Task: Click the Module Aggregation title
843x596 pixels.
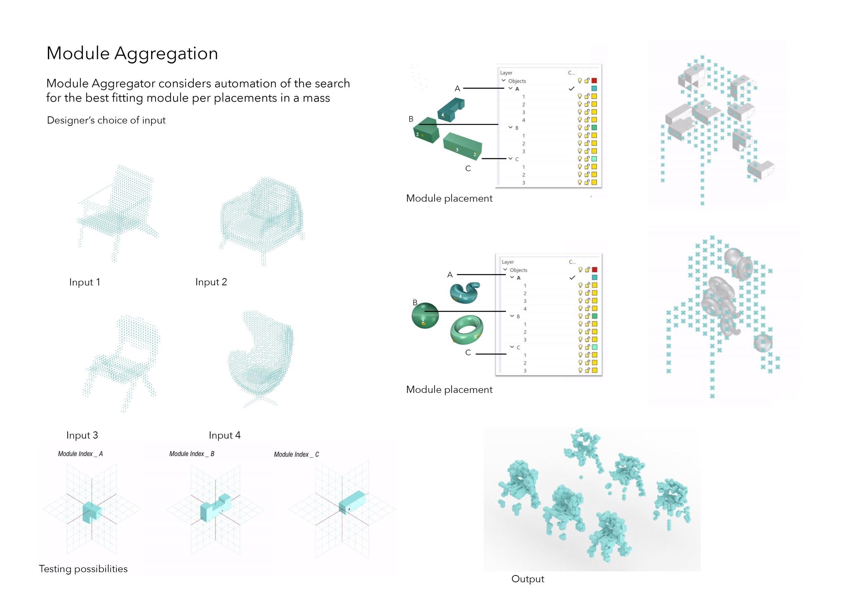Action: point(132,53)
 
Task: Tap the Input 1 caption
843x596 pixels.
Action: point(85,282)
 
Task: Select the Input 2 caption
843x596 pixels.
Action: point(211,282)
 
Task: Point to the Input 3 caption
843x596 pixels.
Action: point(82,435)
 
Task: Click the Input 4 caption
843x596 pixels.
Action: point(225,435)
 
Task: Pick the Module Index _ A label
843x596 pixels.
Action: point(80,454)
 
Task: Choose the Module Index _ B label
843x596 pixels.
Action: point(192,454)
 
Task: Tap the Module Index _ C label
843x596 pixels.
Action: point(296,455)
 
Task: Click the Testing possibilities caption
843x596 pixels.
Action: point(83,569)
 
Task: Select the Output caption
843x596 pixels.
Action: point(527,579)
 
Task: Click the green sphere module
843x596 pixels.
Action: point(425,316)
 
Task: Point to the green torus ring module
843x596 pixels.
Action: point(467,329)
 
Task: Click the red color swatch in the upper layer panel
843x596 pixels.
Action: point(594,80)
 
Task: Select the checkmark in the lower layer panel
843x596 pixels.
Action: point(572,278)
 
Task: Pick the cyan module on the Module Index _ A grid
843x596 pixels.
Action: point(92,511)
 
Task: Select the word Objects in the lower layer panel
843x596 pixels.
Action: point(518,270)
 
